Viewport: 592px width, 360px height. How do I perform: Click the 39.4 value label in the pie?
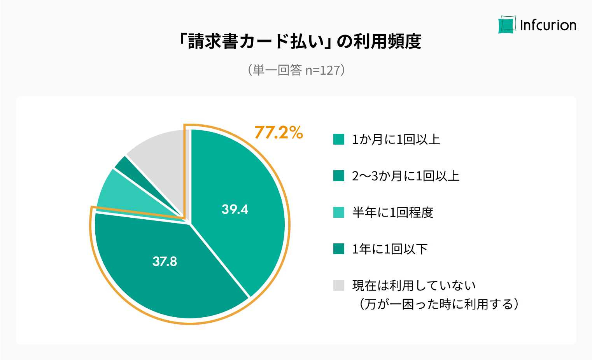[x=235, y=209]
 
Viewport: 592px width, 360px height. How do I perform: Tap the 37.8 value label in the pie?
[x=165, y=261]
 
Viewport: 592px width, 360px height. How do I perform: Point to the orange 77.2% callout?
[x=278, y=133]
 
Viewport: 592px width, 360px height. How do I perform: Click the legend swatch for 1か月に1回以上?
[x=339, y=139]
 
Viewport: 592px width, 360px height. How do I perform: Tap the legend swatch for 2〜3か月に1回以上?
[x=339, y=176]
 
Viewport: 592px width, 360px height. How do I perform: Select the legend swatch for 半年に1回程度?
[x=339, y=212]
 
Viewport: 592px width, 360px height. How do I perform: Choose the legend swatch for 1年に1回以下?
[x=339, y=249]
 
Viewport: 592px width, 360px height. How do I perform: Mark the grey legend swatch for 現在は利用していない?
[x=339, y=285]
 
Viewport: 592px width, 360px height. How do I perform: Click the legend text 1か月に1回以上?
[x=396, y=139]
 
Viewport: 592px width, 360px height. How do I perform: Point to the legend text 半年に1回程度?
[x=392, y=212]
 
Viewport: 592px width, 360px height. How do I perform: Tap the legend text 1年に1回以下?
[x=390, y=249]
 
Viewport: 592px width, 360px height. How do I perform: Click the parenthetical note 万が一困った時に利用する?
[x=439, y=304]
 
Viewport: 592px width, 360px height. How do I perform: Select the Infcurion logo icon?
[x=507, y=25]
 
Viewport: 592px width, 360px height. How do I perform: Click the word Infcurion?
[x=548, y=25]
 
